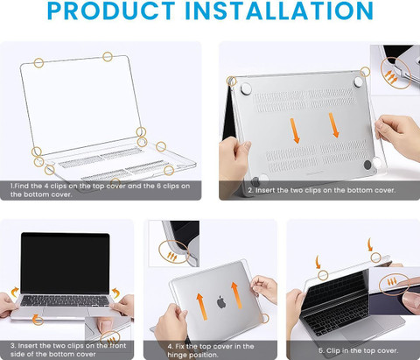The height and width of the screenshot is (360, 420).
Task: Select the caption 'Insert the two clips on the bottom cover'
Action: (321, 190)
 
